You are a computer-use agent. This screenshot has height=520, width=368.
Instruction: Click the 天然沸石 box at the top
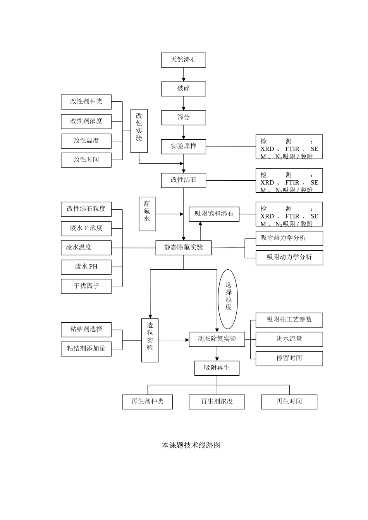point(183,60)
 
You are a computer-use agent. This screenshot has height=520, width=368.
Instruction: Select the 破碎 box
point(183,89)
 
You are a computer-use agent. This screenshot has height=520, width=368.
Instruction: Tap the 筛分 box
point(183,118)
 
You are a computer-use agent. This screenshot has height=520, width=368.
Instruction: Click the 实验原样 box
point(183,147)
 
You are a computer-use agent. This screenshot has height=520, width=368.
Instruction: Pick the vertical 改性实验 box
point(139,130)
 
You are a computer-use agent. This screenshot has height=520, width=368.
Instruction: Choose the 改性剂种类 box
point(86,102)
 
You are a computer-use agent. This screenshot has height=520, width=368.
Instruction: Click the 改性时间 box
point(86,160)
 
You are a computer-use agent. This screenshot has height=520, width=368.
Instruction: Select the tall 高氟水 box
point(147,214)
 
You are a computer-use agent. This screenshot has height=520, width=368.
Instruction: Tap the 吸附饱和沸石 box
point(214,214)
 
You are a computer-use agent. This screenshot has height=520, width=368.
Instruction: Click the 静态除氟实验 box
point(183,248)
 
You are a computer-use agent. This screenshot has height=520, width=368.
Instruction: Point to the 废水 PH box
point(86,267)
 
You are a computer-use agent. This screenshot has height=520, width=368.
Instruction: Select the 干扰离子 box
point(86,286)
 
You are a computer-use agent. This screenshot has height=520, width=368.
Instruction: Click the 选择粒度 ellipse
point(228,299)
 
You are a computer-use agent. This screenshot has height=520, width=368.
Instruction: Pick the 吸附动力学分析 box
point(289,257)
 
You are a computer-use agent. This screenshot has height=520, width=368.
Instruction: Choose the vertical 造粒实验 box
point(150,340)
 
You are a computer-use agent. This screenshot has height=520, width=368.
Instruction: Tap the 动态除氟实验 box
point(217,339)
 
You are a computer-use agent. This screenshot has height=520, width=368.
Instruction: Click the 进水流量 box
point(289,339)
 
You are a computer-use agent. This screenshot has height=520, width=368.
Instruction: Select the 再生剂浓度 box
point(217,402)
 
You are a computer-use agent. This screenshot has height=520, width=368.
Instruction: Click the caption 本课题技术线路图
point(191,445)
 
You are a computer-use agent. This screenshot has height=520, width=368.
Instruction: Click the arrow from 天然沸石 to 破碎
point(184,75)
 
